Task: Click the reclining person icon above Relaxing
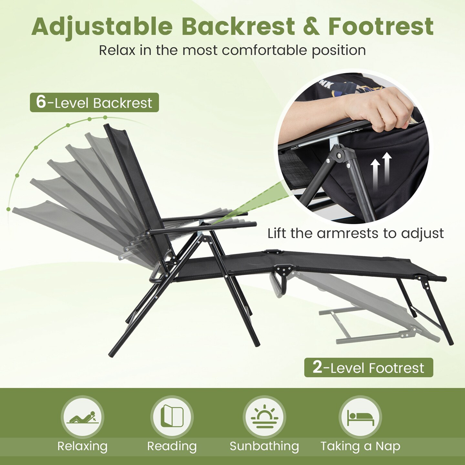tap(82, 417)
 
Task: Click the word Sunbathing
tap(264, 446)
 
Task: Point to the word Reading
tap(172, 446)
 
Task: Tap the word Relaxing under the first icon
tap(82, 446)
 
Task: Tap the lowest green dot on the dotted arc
tap(8, 209)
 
